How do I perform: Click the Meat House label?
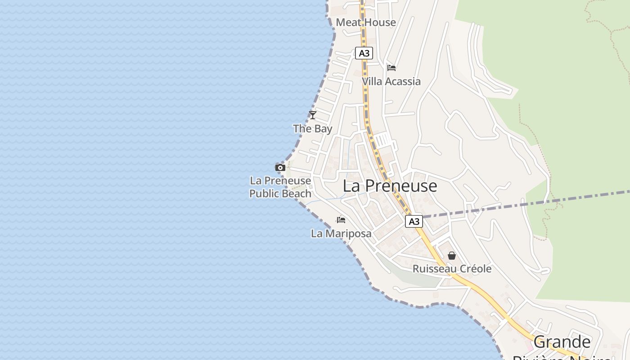(366, 22)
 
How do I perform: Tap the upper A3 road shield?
(364, 54)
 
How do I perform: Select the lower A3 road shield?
(414, 221)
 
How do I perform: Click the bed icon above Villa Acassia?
(391, 68)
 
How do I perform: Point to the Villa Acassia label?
(391, 81)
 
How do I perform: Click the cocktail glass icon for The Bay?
(313, 115)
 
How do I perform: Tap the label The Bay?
(313, 129)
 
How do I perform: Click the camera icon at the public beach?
(280, 168)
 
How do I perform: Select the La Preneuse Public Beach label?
(280, 187)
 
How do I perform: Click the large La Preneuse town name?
(390, 186)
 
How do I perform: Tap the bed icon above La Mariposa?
(341, 220)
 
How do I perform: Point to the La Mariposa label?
(341, 234)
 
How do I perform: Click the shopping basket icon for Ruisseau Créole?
(452, 256)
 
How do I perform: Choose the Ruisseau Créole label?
(452, 269)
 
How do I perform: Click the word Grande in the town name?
(562, 342)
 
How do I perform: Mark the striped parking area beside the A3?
(383, 139)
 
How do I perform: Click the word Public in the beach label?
(265, 194)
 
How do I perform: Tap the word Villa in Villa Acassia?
(372, 81)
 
